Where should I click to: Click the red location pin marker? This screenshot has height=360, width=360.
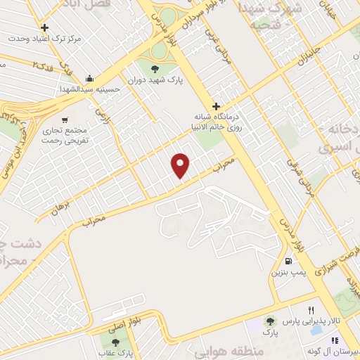tap(181, 165)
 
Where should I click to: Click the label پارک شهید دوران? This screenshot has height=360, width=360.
tap(156, 80)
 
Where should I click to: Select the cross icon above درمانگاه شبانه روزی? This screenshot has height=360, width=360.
tap(216, 106)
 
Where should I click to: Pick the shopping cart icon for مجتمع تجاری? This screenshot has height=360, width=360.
tap(65, 120)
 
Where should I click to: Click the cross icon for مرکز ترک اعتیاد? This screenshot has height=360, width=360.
tap(46, 28)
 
